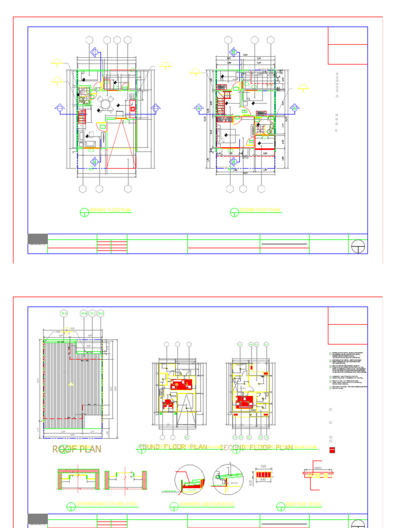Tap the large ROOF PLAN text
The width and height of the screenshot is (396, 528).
(77, 449)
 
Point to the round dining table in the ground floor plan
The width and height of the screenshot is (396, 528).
(106, 104)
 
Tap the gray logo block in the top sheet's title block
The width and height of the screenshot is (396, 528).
(37, 238)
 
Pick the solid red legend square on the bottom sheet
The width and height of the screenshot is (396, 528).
(332, 450)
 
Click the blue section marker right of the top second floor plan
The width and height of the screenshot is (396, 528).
(294, 108)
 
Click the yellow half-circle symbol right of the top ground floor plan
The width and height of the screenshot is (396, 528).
(166, 65)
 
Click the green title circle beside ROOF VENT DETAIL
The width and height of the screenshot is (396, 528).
(281, 504)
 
